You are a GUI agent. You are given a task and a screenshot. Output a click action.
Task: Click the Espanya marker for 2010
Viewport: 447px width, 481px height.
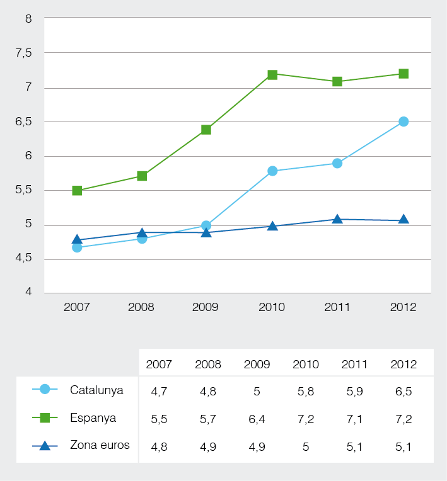272,75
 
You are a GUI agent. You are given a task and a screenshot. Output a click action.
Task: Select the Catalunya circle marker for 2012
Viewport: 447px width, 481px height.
403,122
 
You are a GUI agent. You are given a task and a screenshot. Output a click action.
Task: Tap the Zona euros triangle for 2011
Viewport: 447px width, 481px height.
337,219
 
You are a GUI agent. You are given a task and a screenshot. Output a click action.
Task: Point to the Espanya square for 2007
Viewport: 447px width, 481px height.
77,191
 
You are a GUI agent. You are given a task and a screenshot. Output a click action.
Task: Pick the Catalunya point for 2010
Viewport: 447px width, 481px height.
272,171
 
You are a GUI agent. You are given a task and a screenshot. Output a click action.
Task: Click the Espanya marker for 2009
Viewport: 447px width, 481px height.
206,130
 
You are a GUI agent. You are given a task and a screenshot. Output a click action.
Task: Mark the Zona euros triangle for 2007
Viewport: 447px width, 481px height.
77,240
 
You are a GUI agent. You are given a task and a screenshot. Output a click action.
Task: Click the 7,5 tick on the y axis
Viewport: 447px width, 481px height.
23,54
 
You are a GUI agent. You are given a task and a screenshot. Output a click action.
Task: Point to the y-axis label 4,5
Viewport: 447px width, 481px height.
23,259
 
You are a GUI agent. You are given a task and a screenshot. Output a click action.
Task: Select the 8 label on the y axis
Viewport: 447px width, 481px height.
28,19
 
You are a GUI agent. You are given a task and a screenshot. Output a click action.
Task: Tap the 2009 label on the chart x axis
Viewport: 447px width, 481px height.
206,307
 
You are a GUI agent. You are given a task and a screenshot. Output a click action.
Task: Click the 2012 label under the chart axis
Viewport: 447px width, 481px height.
403,307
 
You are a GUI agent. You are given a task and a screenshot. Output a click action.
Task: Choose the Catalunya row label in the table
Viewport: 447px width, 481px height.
96,390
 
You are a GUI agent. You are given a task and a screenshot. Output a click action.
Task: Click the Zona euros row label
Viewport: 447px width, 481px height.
100,445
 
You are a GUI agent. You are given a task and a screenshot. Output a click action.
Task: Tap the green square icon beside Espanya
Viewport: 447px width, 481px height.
45,417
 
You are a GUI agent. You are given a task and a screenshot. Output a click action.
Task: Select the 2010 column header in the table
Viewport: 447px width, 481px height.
306,364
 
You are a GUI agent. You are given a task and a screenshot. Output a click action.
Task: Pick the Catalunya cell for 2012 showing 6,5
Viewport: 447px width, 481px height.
403,391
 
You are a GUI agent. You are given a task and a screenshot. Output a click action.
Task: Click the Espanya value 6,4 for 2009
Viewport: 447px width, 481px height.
257,419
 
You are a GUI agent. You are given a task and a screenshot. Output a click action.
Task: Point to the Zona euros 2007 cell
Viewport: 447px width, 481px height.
158,446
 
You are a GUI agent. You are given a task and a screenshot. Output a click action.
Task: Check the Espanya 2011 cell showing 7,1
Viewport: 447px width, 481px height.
354,419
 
